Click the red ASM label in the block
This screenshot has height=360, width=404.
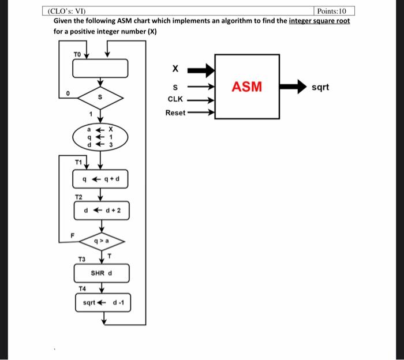[x=247, y=87]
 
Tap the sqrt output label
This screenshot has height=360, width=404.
[x=320, y=87]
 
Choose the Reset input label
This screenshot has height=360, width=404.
[x=175, y=112]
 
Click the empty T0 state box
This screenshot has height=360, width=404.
[x=100, y=68]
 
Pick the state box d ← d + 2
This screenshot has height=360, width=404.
[x=102, y=211]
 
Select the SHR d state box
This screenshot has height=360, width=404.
[x=102, y=272]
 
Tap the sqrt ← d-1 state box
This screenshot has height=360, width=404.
[x=103, y=302]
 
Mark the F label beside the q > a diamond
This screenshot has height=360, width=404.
[x=73, y=235]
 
